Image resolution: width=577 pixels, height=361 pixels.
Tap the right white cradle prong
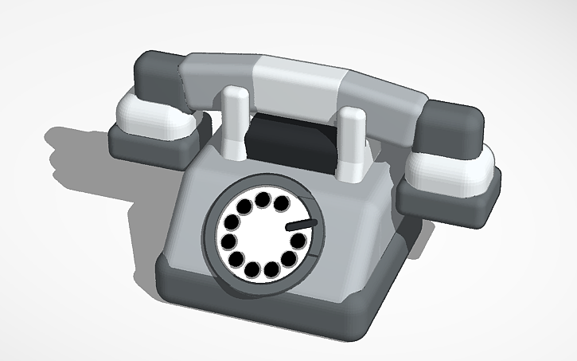[350, 143]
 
